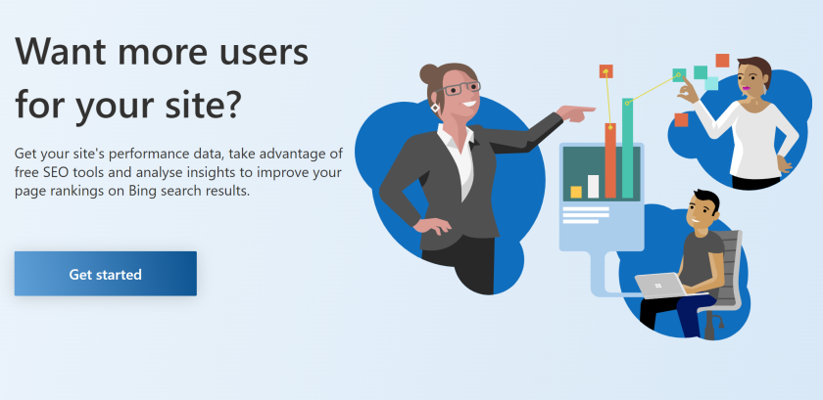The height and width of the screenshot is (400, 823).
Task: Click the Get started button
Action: point(106,274)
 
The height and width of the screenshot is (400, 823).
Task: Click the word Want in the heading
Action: point(61,52)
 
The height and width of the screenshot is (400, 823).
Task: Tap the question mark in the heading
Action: point(231,104)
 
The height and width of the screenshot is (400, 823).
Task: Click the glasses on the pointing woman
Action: point(457,88)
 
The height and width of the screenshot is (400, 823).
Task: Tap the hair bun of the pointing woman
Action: point(429,74)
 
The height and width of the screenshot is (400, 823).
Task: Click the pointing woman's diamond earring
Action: point(435,108)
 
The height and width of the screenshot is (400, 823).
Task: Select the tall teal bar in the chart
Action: point(627,148)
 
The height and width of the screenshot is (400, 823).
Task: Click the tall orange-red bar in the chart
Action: point(609,160)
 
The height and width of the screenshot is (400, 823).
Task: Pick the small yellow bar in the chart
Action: point(576,192)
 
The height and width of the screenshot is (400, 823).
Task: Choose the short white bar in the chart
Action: point(593,187)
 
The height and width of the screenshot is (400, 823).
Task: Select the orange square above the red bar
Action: point(606,71)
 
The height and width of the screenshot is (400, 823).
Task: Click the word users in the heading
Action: point(266,52)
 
